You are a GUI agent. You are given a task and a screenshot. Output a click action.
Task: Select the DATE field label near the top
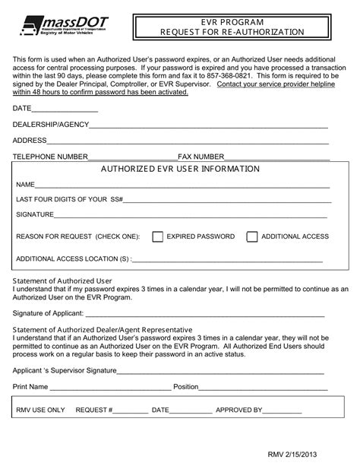point(22,109)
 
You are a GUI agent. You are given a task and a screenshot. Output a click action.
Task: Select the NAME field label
point(26,185)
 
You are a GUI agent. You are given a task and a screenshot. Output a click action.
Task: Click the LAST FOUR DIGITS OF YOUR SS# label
point(68,199)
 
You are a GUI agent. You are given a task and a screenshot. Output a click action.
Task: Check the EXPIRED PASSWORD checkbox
point(158,236)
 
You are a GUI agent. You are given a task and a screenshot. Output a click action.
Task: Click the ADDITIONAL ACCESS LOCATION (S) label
point(73,258)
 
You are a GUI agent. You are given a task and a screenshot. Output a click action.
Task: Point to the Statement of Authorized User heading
point(62,281)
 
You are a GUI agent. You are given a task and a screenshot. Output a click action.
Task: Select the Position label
point(185,386)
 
